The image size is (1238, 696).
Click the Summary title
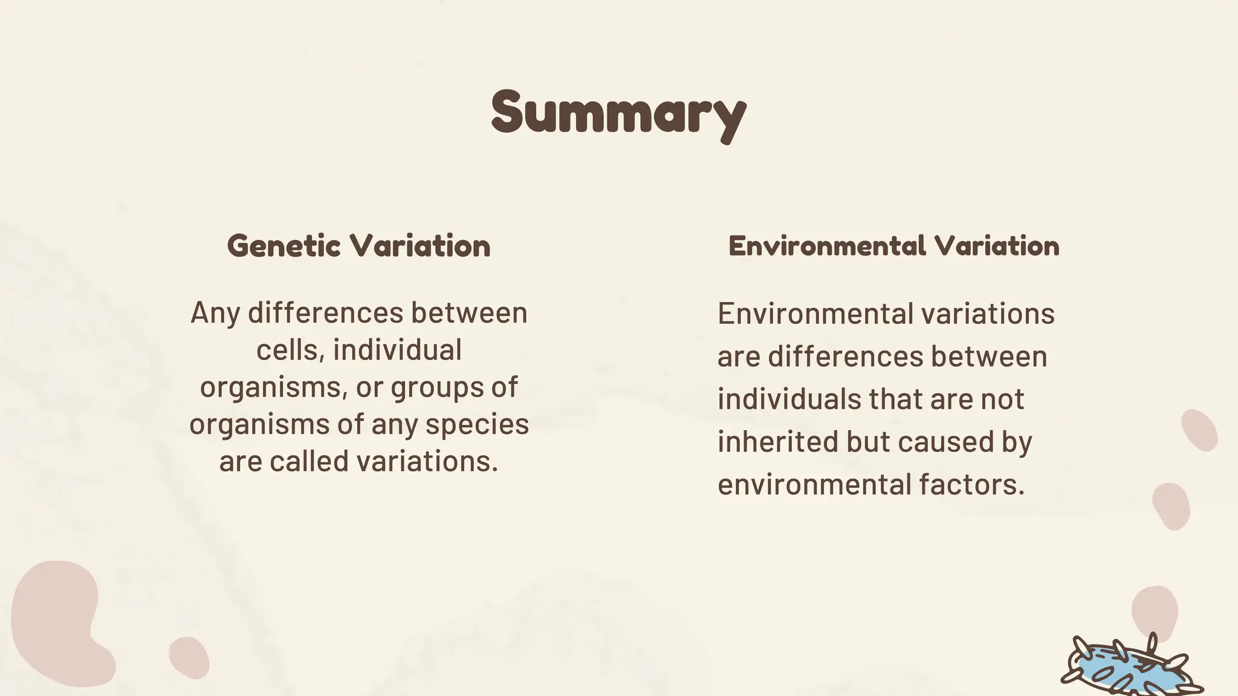(618, 114)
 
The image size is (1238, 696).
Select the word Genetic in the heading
(284, 246)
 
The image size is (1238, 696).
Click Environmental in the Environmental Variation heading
(826, 246)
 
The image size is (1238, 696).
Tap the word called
(309, 462)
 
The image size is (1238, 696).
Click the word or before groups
(369, 388)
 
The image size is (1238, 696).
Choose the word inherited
(777, 442)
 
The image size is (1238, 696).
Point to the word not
(1002, 399)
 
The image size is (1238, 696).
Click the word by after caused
(1018, 443)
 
